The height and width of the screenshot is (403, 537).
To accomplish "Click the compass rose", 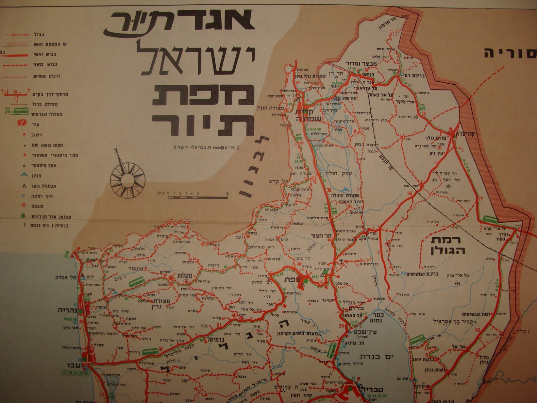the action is (x=127, y=180).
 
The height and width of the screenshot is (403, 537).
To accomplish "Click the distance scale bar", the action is (x=197, y=196).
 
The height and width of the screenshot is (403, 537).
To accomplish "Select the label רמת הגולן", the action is (x=448, y=245).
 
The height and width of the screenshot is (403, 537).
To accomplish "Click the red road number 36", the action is (x=410, y=193).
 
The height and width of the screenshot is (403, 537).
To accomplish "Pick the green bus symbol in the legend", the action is (x=19, y=111).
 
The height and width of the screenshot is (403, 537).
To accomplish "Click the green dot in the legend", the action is (x=23, y=215).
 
